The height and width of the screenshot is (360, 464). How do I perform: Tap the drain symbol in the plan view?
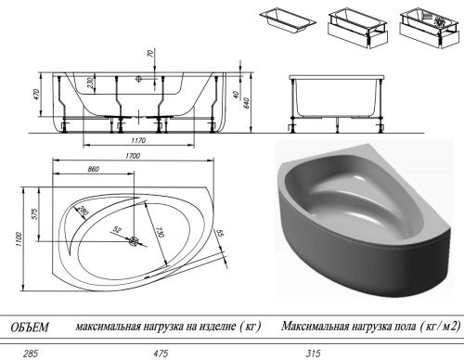(x=134, y=243)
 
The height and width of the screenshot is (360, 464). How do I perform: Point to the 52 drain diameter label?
(x=117, y=228)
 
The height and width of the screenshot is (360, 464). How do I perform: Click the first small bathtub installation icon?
(x=288, y=20)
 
